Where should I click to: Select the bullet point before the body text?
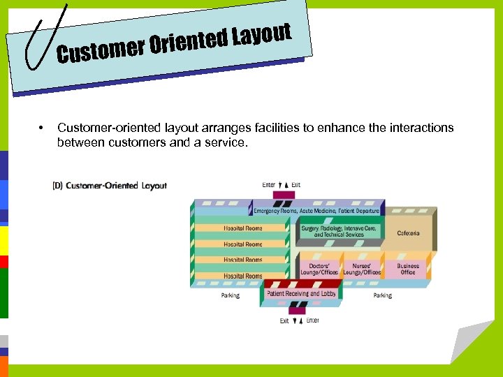(43, 128)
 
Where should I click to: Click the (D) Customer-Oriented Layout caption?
(110, 186)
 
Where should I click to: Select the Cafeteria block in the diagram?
(408, 232)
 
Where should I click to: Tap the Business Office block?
(408, 269)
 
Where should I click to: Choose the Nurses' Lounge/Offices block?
(362, 269)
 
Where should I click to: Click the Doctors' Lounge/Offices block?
(319, 269)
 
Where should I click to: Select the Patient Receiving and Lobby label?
(301, 294)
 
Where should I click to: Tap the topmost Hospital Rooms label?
(243, 228)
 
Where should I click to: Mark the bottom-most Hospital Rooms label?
(243, 276)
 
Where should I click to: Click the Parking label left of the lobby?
(230, 295)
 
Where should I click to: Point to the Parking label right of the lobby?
(382, 295)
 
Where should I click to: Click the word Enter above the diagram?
(269, 185)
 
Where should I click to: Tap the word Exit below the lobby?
(284, 320)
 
